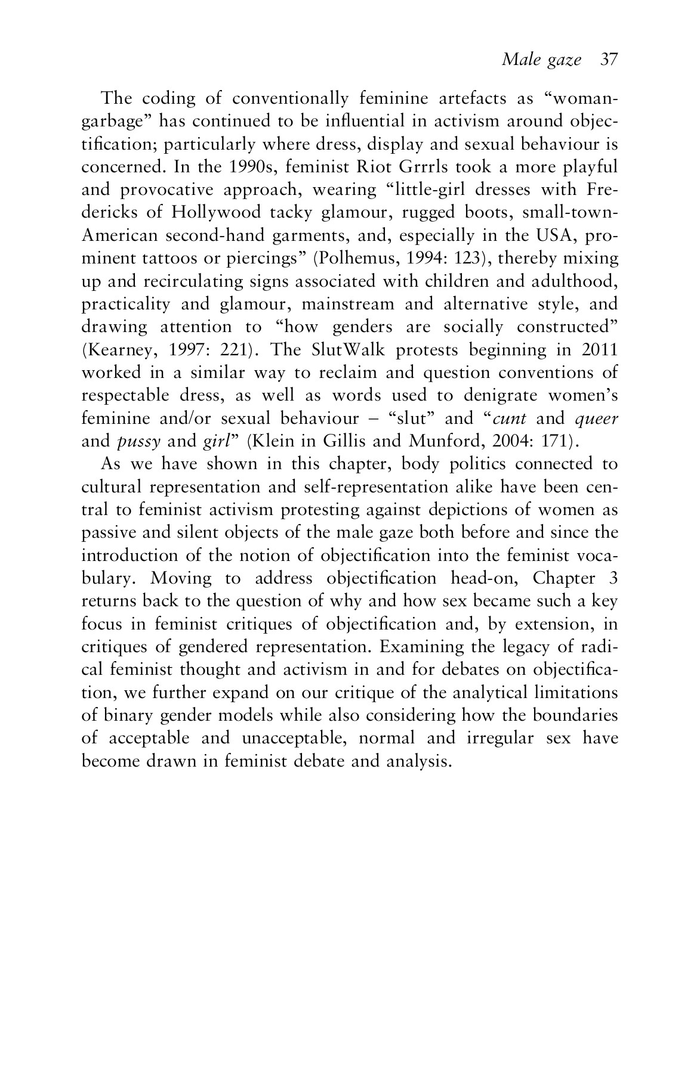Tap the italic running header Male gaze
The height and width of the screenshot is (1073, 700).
point(541,60)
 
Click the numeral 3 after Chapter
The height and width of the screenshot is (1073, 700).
point(613,578)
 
